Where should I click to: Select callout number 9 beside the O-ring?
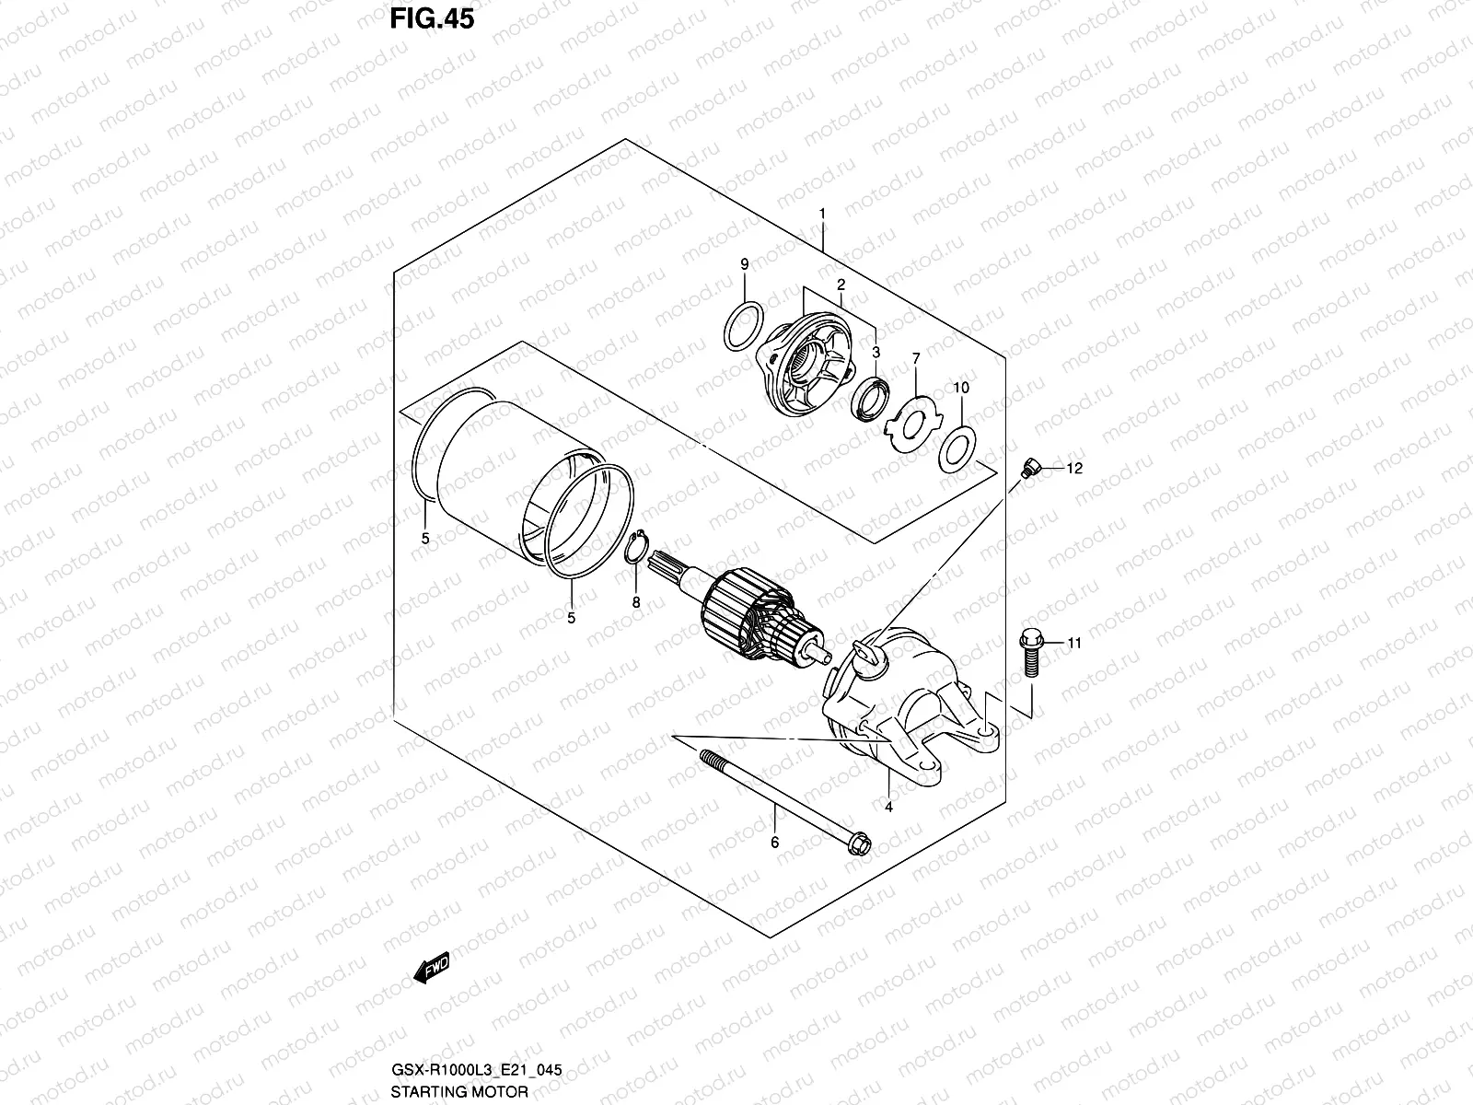[744, 265]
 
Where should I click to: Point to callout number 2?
[841, 285]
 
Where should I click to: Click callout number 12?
[1075, 469]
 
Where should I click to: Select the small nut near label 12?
[1029, 469]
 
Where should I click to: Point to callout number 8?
[635, 602]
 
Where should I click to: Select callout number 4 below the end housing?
[888, 808]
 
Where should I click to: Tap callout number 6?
[774, 842]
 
